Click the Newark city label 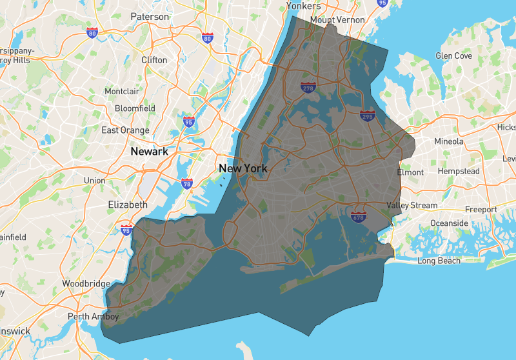pyautogui.click(x=149, y=152)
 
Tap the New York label pyautogui.click(x=243, y=168)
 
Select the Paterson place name pyautogui.click(x=150, y=16)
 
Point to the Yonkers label pyautogui.click(x=303, y=6)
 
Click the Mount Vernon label pyautogui.click(x=337, y=20)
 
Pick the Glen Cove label pyautogui.click(x=454, y=55)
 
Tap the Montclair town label pyautogui.click(x=121, y=92)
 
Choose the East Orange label pyautogui.click(x=125, y=130)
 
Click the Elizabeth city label pyautogui.click(x=128, y=205)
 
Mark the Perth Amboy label pyautogui.click(x=94, y=317)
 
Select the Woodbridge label pyautogui.click(x=87, y=283)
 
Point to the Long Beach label pyautogui.click(x=439, y=261)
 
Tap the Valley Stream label pyautogui.click(x=412, y=205)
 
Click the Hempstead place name pyautogui.click(x=459, y=171)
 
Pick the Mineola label pyautogui.click(x=449, y=141)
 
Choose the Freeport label pyautogui.click(x=482, y=209)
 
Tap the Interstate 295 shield pyautogui.click(x=368, y=115)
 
